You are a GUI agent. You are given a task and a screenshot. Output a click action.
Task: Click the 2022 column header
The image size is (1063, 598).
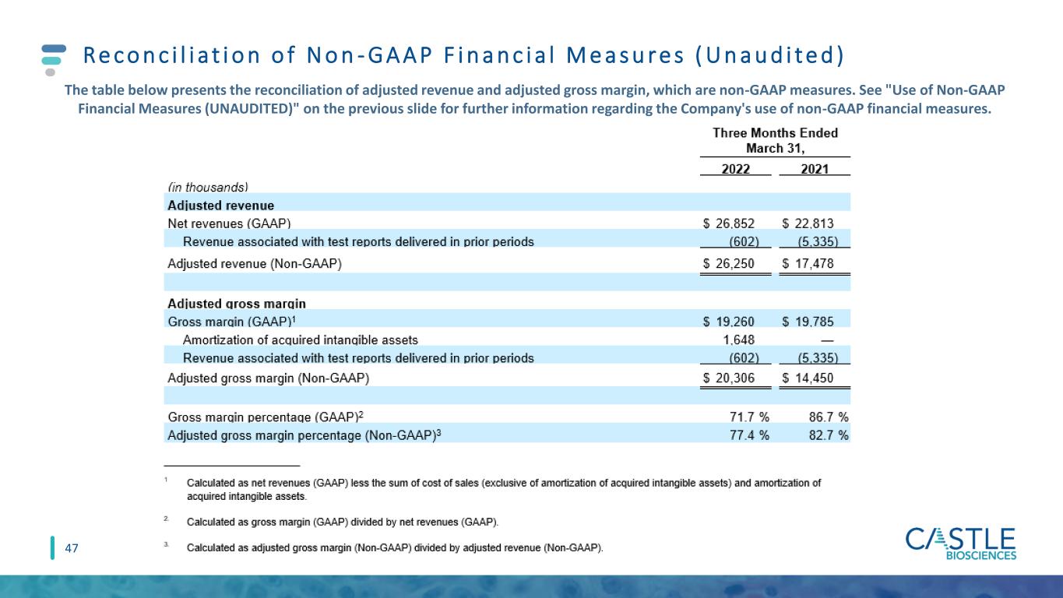tap(736, 169)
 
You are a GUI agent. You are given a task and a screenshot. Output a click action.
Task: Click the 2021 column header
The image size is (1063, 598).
tap(815, 169)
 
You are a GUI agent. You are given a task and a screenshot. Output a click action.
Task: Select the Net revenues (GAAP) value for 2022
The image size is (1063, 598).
tap(728, 223)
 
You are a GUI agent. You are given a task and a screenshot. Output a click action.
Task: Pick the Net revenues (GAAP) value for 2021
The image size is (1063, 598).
tap(808, 223)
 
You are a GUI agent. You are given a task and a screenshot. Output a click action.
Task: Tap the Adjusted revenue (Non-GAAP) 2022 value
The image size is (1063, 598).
tap(728, 263)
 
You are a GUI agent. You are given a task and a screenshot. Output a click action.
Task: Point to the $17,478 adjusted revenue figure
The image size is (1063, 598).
tap(808, 263)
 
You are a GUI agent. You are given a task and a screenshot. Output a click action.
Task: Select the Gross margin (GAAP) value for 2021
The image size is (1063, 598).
tap(808, 322)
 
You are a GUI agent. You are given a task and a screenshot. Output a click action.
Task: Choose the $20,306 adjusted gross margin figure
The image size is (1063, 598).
tap(728, 378)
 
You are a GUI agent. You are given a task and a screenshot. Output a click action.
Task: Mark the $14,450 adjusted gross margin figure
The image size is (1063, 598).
tap(808, 378)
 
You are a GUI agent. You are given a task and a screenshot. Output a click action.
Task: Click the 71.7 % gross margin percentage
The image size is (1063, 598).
tap(749, 417)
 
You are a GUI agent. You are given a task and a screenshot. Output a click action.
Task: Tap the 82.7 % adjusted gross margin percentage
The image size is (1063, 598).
tap(829, 435)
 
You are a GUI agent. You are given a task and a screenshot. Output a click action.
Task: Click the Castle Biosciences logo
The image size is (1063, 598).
tap(961, 544)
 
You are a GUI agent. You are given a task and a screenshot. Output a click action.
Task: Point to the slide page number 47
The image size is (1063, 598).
tap(71, 548)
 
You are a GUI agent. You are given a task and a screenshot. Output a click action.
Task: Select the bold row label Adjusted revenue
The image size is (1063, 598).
tap(220, 206)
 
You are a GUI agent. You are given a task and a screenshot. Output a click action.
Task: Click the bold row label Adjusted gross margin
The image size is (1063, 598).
tap(237, 304)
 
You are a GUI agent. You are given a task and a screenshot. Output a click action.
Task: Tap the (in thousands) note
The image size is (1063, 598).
tap(208, 187)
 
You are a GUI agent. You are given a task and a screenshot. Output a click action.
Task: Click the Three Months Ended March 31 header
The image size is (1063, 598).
tap(776, 140)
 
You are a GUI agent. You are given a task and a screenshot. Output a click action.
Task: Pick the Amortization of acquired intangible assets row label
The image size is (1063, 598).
tap(301, 339)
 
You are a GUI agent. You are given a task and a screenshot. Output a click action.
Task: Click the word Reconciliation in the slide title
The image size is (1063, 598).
tap(172, 55)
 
